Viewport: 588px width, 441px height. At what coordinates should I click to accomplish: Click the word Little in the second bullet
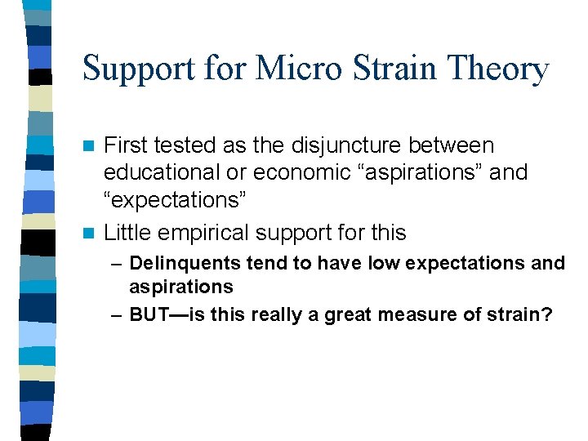129,233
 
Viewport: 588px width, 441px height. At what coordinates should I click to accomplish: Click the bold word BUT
149,314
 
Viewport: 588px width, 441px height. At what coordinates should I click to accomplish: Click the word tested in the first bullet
175,146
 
